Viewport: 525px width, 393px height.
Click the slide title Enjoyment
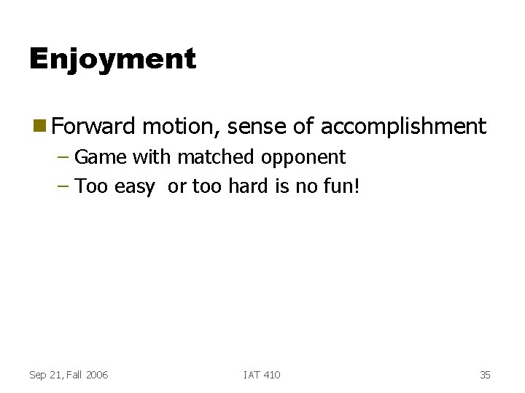pos(112,59)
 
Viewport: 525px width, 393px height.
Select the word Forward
pos(94,127)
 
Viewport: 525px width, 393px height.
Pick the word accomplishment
pos(403,127)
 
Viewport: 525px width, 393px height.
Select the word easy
pos(135,188)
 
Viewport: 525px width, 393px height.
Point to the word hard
pos(249,187)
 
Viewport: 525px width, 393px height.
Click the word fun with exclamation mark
pos(343,187)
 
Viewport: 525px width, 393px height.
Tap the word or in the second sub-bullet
pos(177,188)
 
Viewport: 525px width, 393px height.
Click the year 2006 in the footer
pos(96,375)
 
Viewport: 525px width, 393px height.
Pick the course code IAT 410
pos(262,375)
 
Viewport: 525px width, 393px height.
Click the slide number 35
pos(485,375)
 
